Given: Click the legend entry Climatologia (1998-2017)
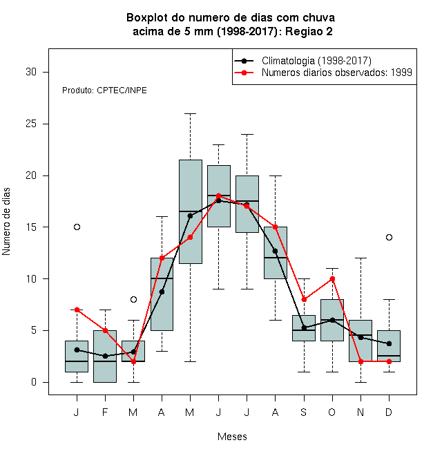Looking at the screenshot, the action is point(316,61).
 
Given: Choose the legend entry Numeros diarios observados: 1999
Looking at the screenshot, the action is point(337,73).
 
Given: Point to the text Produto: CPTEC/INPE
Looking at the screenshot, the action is point(104,91).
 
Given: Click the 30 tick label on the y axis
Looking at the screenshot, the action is point(31,72).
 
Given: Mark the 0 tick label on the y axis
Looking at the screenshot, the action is point(34,382).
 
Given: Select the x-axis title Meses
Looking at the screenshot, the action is point(232,437).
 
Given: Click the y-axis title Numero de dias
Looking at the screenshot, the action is point(6,222).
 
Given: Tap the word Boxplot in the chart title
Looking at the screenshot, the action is point(147,18).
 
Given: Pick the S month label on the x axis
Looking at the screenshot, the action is point(304,412).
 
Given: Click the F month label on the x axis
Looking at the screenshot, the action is point(105,412).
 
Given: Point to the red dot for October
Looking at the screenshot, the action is point(332,278).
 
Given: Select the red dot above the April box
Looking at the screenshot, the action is point(162,258).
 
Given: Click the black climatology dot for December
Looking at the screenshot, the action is point(389,344).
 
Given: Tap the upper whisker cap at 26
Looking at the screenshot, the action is point(190,114).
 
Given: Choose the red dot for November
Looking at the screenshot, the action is point(361,361).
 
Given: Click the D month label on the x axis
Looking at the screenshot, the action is point(389,412).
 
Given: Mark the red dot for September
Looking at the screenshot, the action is point(304,300).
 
